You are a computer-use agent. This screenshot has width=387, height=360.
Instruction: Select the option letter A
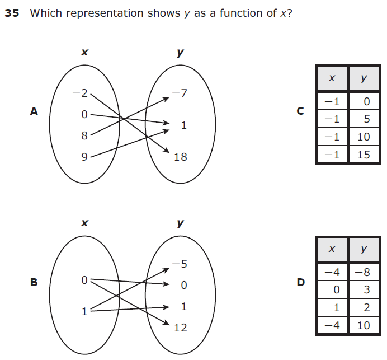coord(34,111)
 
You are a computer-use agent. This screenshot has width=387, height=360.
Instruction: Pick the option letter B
coord(34,282)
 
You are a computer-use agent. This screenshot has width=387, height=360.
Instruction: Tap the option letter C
coord(301,111)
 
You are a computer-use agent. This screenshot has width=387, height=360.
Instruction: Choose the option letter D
coord(301,282)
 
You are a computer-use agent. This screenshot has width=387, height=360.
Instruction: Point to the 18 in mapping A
coord(180,157)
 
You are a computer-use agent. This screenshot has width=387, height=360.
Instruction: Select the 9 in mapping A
coord(84,157)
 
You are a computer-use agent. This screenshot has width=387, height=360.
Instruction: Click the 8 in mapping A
coord(84,135)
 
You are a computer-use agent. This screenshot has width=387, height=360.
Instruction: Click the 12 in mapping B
coord(180,328)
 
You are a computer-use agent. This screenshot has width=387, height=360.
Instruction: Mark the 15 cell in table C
coord(364,155)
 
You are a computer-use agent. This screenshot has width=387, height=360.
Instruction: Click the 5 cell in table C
coord(366,119)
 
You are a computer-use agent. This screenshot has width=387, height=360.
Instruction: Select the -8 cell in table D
coord(364,273)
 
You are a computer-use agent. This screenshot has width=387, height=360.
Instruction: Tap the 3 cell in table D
coord(366,290)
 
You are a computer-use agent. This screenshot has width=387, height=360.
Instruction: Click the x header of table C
coord(332,78)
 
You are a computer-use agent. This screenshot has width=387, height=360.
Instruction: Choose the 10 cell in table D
coord(364,325)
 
